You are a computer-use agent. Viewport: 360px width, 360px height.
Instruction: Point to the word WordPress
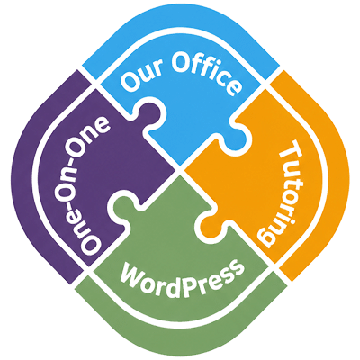click(x=182, y=277)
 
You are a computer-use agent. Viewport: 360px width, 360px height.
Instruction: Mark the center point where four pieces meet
click(x=180, y=171)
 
